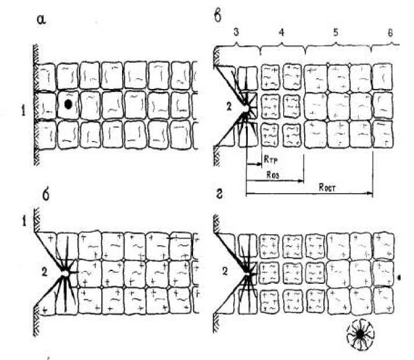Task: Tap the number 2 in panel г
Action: [228, 269]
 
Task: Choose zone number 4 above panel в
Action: [280, 34]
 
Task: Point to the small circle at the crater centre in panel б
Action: [67, 272]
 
